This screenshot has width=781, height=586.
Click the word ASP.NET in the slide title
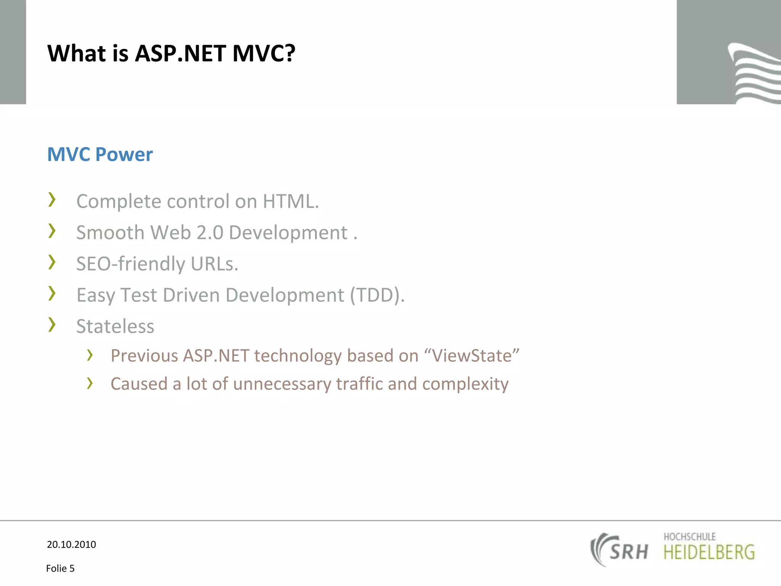point(180,53)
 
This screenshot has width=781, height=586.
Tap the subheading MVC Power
point(100,155)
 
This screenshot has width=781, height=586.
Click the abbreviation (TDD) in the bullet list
point(377,295)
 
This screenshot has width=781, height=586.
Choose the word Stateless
point(115,326)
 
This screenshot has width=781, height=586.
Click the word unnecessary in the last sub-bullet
point(282,384)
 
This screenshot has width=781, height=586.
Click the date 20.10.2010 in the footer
point(71,544)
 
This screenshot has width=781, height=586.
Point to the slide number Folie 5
point(60,568)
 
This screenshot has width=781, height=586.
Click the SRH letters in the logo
point(628,552)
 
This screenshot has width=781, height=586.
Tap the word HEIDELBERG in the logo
point(709,552)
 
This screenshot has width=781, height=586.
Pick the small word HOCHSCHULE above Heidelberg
point(689,537)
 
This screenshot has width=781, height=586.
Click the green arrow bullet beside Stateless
point(52,325)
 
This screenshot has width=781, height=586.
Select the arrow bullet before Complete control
point(52,200)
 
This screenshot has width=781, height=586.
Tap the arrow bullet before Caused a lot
point(90,383)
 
